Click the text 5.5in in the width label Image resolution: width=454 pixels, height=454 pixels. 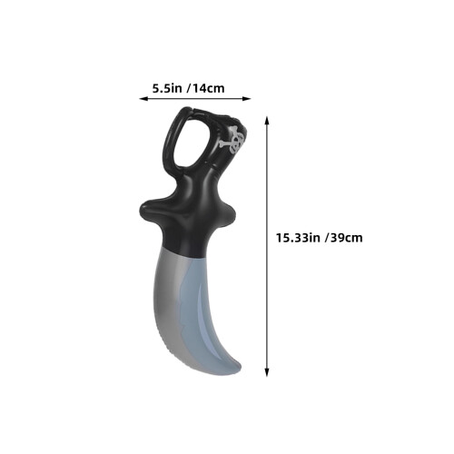(x=167, y=88)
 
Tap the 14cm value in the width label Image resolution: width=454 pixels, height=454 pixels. (x=209, y=88)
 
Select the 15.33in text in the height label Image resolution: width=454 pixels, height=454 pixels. (x=298, y=238)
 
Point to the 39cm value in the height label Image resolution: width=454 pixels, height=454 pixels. (x=347, y=238)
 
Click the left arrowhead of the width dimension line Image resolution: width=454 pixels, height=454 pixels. (x=143, y=98)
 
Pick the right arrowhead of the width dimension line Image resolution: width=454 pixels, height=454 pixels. (x=247, y=98)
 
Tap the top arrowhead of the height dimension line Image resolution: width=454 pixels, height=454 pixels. (x=267, y=120)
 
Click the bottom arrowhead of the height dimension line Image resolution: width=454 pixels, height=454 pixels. (x=267, y=372)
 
